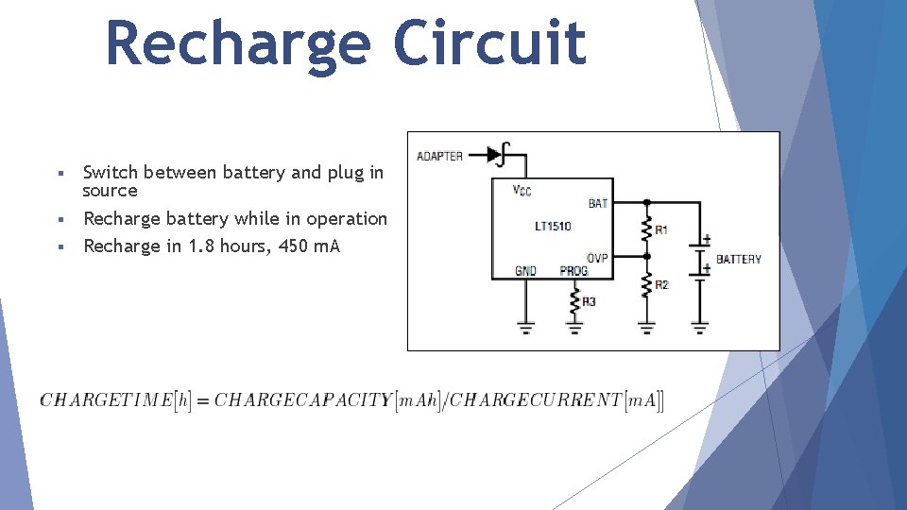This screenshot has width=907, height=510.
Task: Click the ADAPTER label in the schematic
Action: tap(440, 156)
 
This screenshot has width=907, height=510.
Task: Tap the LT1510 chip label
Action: tap(553, 227)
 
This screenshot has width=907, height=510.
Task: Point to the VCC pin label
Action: tap(522, 191)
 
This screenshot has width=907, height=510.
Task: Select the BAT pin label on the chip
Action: tap(598, 203)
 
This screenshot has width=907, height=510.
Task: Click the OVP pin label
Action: tap(597, 257)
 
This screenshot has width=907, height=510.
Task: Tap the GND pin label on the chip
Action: tap(525, 271)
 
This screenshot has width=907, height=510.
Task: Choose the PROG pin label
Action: tap(573, 271)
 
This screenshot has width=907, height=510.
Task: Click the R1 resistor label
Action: tap(661, 229)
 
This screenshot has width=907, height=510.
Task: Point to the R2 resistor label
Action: tap(661, 284)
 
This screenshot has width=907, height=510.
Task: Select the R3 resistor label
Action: tap(589, 301)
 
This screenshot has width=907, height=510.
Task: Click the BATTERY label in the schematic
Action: tap(739, 259)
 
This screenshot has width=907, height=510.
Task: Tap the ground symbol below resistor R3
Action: tap(574, 328)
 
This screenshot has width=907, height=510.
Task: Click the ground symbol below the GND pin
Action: tap(525, 328)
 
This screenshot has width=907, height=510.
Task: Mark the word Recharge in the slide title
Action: tap(239, 44)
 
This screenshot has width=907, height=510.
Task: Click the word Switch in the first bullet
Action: tap(111, 172)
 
